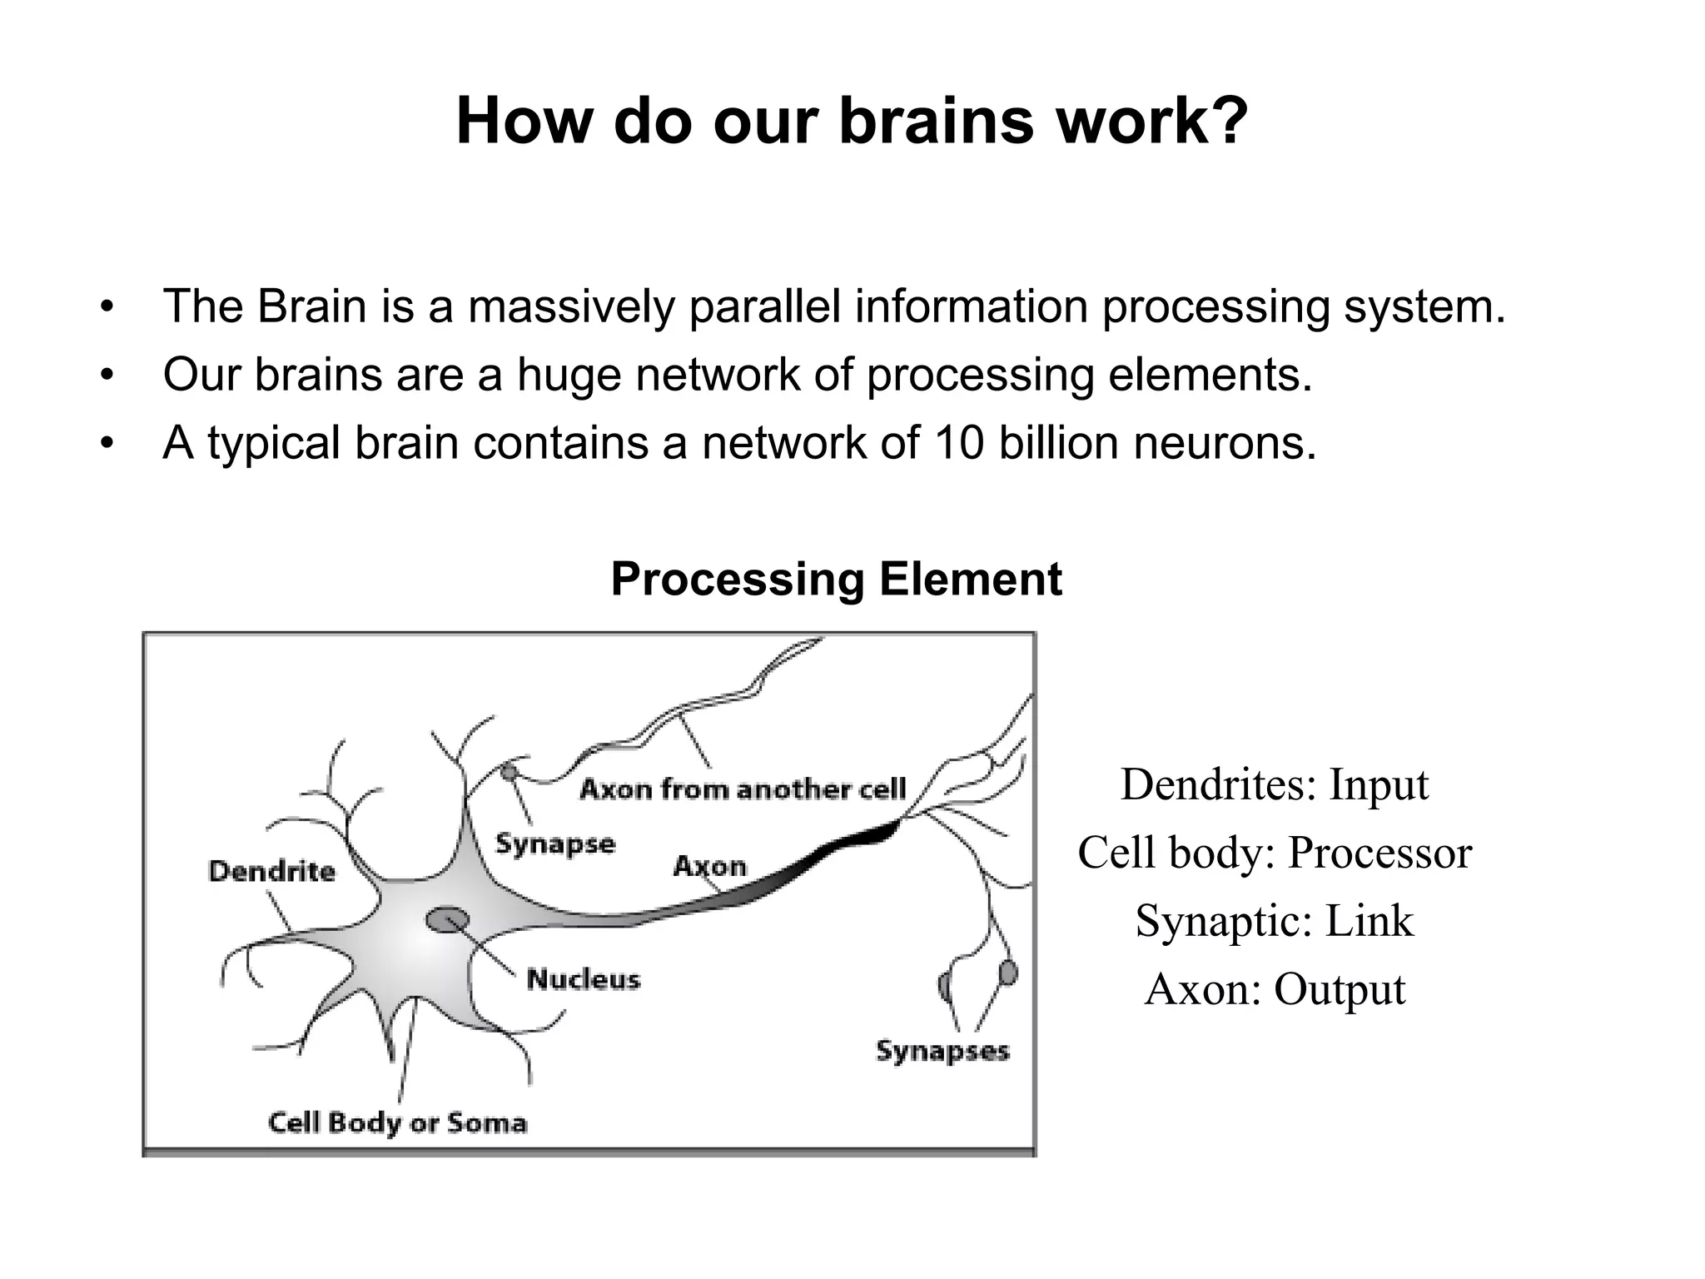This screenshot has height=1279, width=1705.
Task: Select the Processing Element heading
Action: point(836,579)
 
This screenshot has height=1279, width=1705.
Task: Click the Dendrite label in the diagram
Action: point(271,871)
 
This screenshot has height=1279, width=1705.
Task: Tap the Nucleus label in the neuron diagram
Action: point(584,979)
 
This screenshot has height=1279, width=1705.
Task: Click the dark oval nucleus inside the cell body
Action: point(447,920)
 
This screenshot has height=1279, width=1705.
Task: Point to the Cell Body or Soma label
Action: point(397,1122)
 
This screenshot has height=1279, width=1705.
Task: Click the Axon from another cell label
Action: point(742,789)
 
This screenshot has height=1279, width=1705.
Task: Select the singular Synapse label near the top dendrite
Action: point(555,844)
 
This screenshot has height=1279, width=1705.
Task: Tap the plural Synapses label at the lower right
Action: point(942,1051)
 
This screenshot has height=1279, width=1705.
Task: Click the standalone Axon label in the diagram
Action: point(709,866)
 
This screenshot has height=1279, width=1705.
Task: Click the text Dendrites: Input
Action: point(1274,784)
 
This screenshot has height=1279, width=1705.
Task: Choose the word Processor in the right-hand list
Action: point(1379,853)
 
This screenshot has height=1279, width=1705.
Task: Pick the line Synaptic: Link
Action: point(1274,921)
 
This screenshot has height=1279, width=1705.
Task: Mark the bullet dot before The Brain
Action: point(105,307)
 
